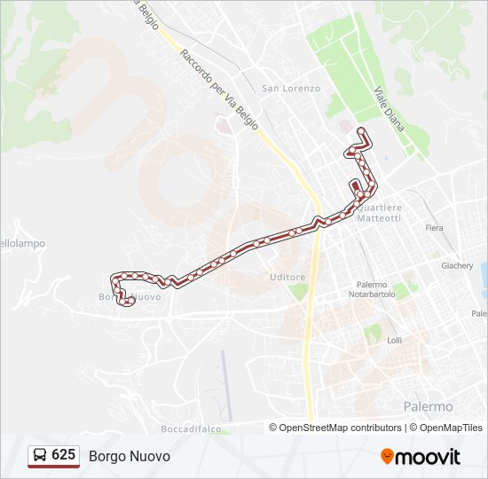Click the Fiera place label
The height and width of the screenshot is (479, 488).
click(x=434, y=228)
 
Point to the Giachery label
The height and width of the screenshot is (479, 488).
click(x=458, y=265)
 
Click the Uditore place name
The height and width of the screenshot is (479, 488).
click(x=287, y=278)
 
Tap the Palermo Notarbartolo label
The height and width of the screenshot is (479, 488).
click(x=370, y=289)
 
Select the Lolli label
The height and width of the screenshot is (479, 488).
click(x=395, y=340)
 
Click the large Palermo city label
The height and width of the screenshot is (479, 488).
click(x=429, y=406)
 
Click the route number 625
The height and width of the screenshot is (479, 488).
click(x=64, y=455)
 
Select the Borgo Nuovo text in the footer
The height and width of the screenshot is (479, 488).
click(x=130, y=456)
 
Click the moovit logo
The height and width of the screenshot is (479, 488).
click(x=421, y=457)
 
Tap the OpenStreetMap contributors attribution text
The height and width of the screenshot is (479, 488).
click(x=340, y=428)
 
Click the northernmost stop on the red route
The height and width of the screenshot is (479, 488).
click(x=361, y=131)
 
